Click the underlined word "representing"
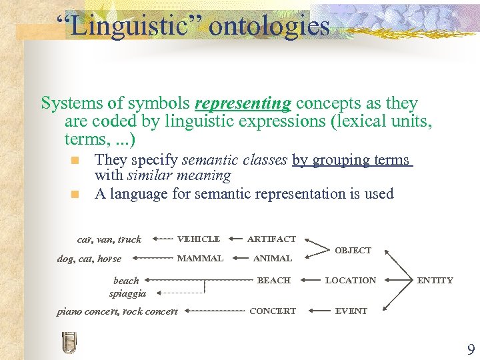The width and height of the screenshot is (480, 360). pos(243,104)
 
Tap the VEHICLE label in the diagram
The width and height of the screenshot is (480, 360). pos(199,239)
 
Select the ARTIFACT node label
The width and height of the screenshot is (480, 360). pos(271,239)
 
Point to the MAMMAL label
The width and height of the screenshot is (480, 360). pos(200,258)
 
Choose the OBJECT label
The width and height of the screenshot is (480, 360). pos(353,251)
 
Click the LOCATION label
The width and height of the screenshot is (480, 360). pos(351,281)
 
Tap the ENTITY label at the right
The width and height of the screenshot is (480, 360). pos(435,281)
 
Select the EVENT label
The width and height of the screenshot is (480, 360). pos(351,311)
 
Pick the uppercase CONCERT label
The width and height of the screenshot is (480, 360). pos(273,311)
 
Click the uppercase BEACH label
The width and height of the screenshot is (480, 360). pos(274,281)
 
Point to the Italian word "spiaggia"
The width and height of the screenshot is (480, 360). pos(128,293)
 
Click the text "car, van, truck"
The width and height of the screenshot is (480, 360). pos(109,239)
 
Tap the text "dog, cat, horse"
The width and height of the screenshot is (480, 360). pos(89,259)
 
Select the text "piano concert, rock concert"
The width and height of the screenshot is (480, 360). pos(117,311)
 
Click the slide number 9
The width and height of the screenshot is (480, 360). pos(471,350)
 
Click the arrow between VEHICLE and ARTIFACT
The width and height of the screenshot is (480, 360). pos(234,239)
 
